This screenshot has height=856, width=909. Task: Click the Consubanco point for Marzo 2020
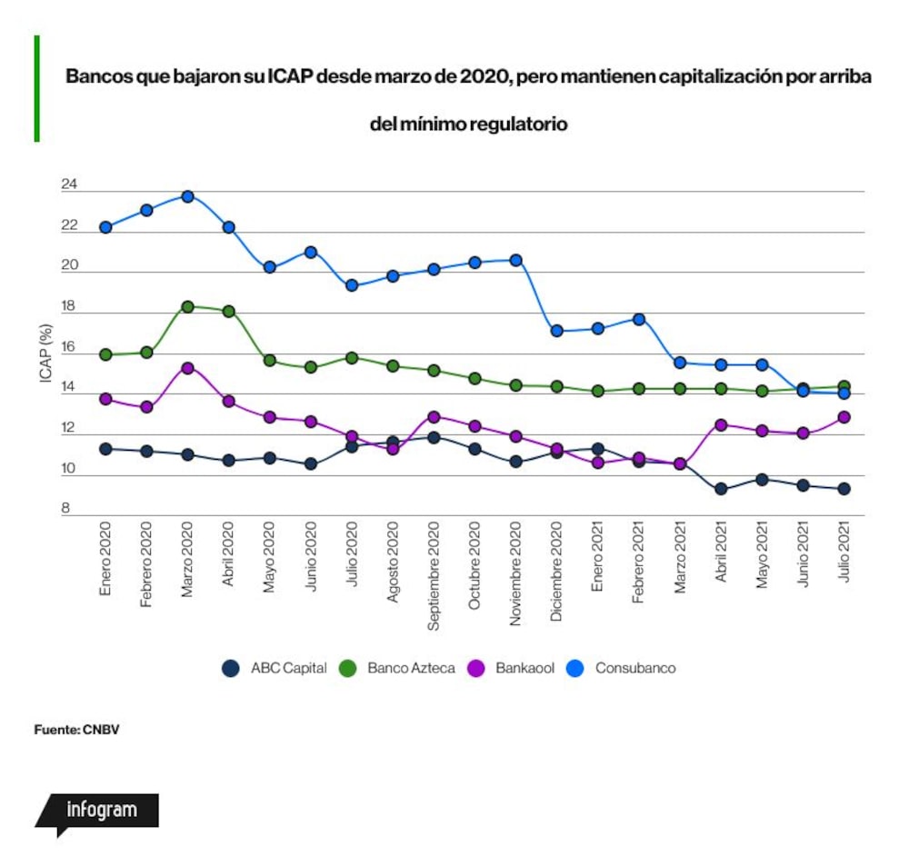pyautogui.click(x=188, y=196)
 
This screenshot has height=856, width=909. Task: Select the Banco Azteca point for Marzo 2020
pyautogui.click(x=188, y=306)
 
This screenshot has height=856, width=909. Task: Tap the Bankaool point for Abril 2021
pyautogui.click(x=721, y=424)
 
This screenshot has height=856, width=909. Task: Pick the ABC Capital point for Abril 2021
pyautogui.click(x=721, y=489)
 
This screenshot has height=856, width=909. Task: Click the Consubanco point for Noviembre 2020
pyautogui.click(x=516, y=260)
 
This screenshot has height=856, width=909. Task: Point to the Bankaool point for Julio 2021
pyautogui.click(x=844, y=417)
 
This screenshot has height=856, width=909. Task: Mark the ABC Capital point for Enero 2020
pyautogui.click(x=105, y=449)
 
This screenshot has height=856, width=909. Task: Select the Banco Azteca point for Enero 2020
pyautogui.click(x=105, y=354)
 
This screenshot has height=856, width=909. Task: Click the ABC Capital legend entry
pyautogui.click(x=275, y=668)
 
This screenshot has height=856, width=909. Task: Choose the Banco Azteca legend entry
pyautogui.click(x=396, y=668)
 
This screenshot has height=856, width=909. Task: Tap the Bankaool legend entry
pyautogui.click(x=511, y=668)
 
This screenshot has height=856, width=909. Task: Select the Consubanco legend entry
pyautogui.click(x=621, y=668)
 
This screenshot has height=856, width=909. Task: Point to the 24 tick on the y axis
pyautogui.click(x=69, y=184)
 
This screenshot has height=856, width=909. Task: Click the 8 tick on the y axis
pyautogui.click(x=65, y=508)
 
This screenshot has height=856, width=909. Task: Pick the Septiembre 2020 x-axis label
pyautogui.click(x=434, y=575)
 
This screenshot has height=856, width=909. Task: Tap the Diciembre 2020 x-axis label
pyautogui.click(x=556, y=572)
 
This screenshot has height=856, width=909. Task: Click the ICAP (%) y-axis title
pyautogui.click(x=45, y=353)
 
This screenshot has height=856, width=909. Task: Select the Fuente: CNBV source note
pyautogui.click(x=76, y=730)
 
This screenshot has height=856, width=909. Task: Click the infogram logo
pyautogui.click(x=97, y=813)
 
